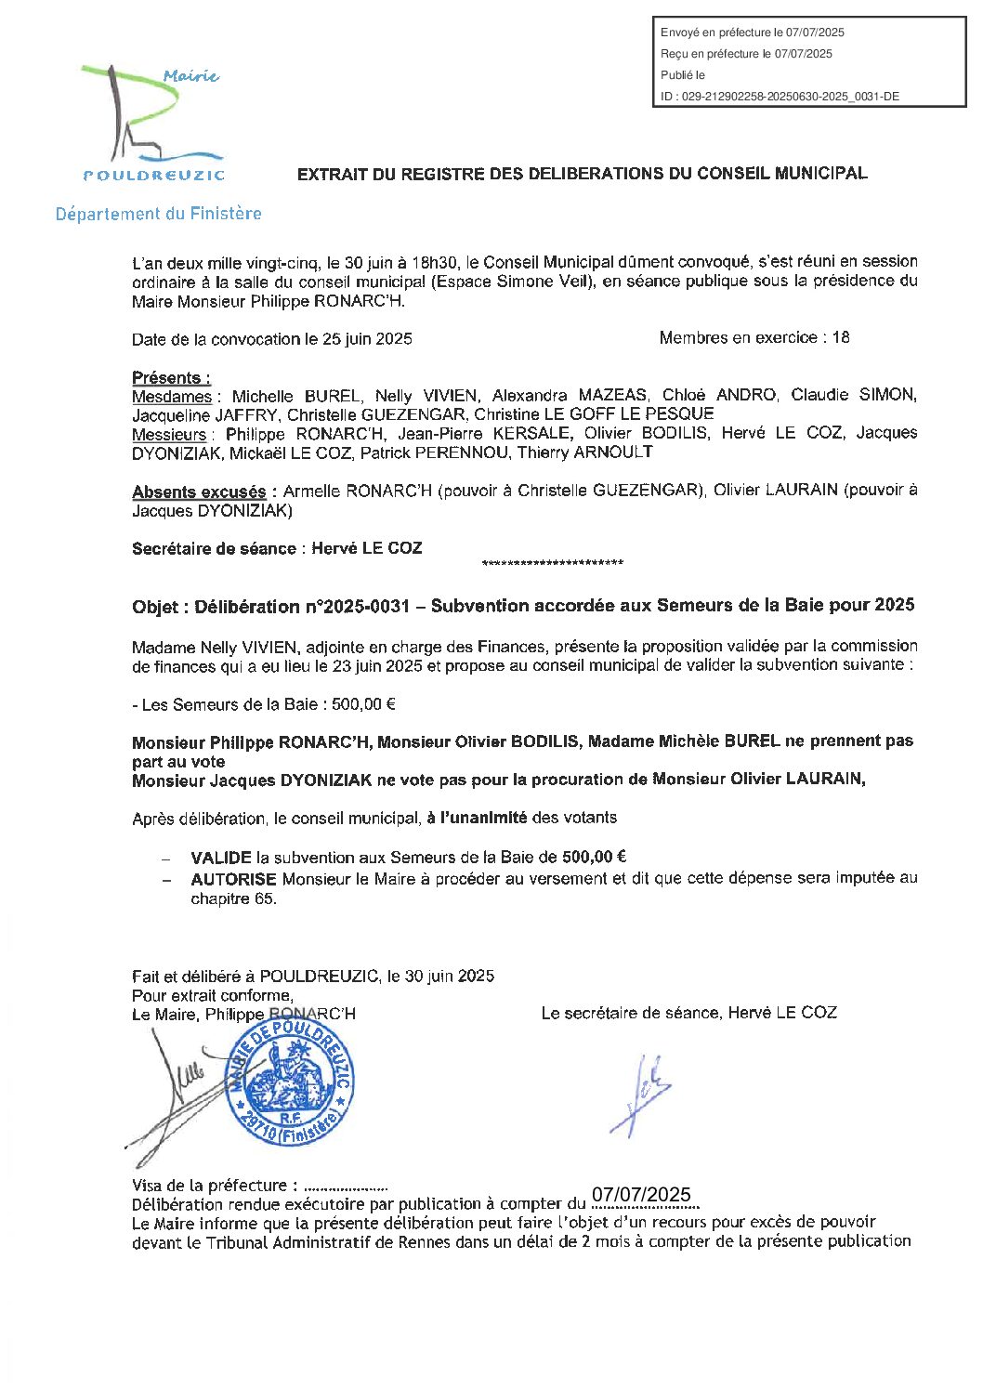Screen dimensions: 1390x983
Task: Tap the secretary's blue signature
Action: point(641,1095)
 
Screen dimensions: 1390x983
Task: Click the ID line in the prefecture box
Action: point(780,97)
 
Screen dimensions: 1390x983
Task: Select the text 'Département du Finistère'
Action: point(158,214)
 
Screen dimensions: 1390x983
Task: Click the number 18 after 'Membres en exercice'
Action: point(840,338)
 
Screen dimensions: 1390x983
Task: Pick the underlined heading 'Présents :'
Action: point(171,377)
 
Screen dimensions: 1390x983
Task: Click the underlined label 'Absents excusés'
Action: point(199,492)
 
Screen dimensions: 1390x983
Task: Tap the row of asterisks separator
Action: point(553,564)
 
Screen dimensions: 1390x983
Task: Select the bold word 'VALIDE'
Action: point(221,858)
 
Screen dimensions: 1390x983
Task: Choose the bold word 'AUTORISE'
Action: point(233,879)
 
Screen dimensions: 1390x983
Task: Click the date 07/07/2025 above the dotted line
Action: point(641,1195)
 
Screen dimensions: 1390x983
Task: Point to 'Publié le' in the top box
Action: point(683,75)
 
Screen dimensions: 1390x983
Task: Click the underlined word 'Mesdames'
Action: point(171,397)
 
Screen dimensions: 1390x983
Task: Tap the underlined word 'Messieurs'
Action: point(168,435)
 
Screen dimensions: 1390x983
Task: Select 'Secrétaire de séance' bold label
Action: point(214,549)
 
